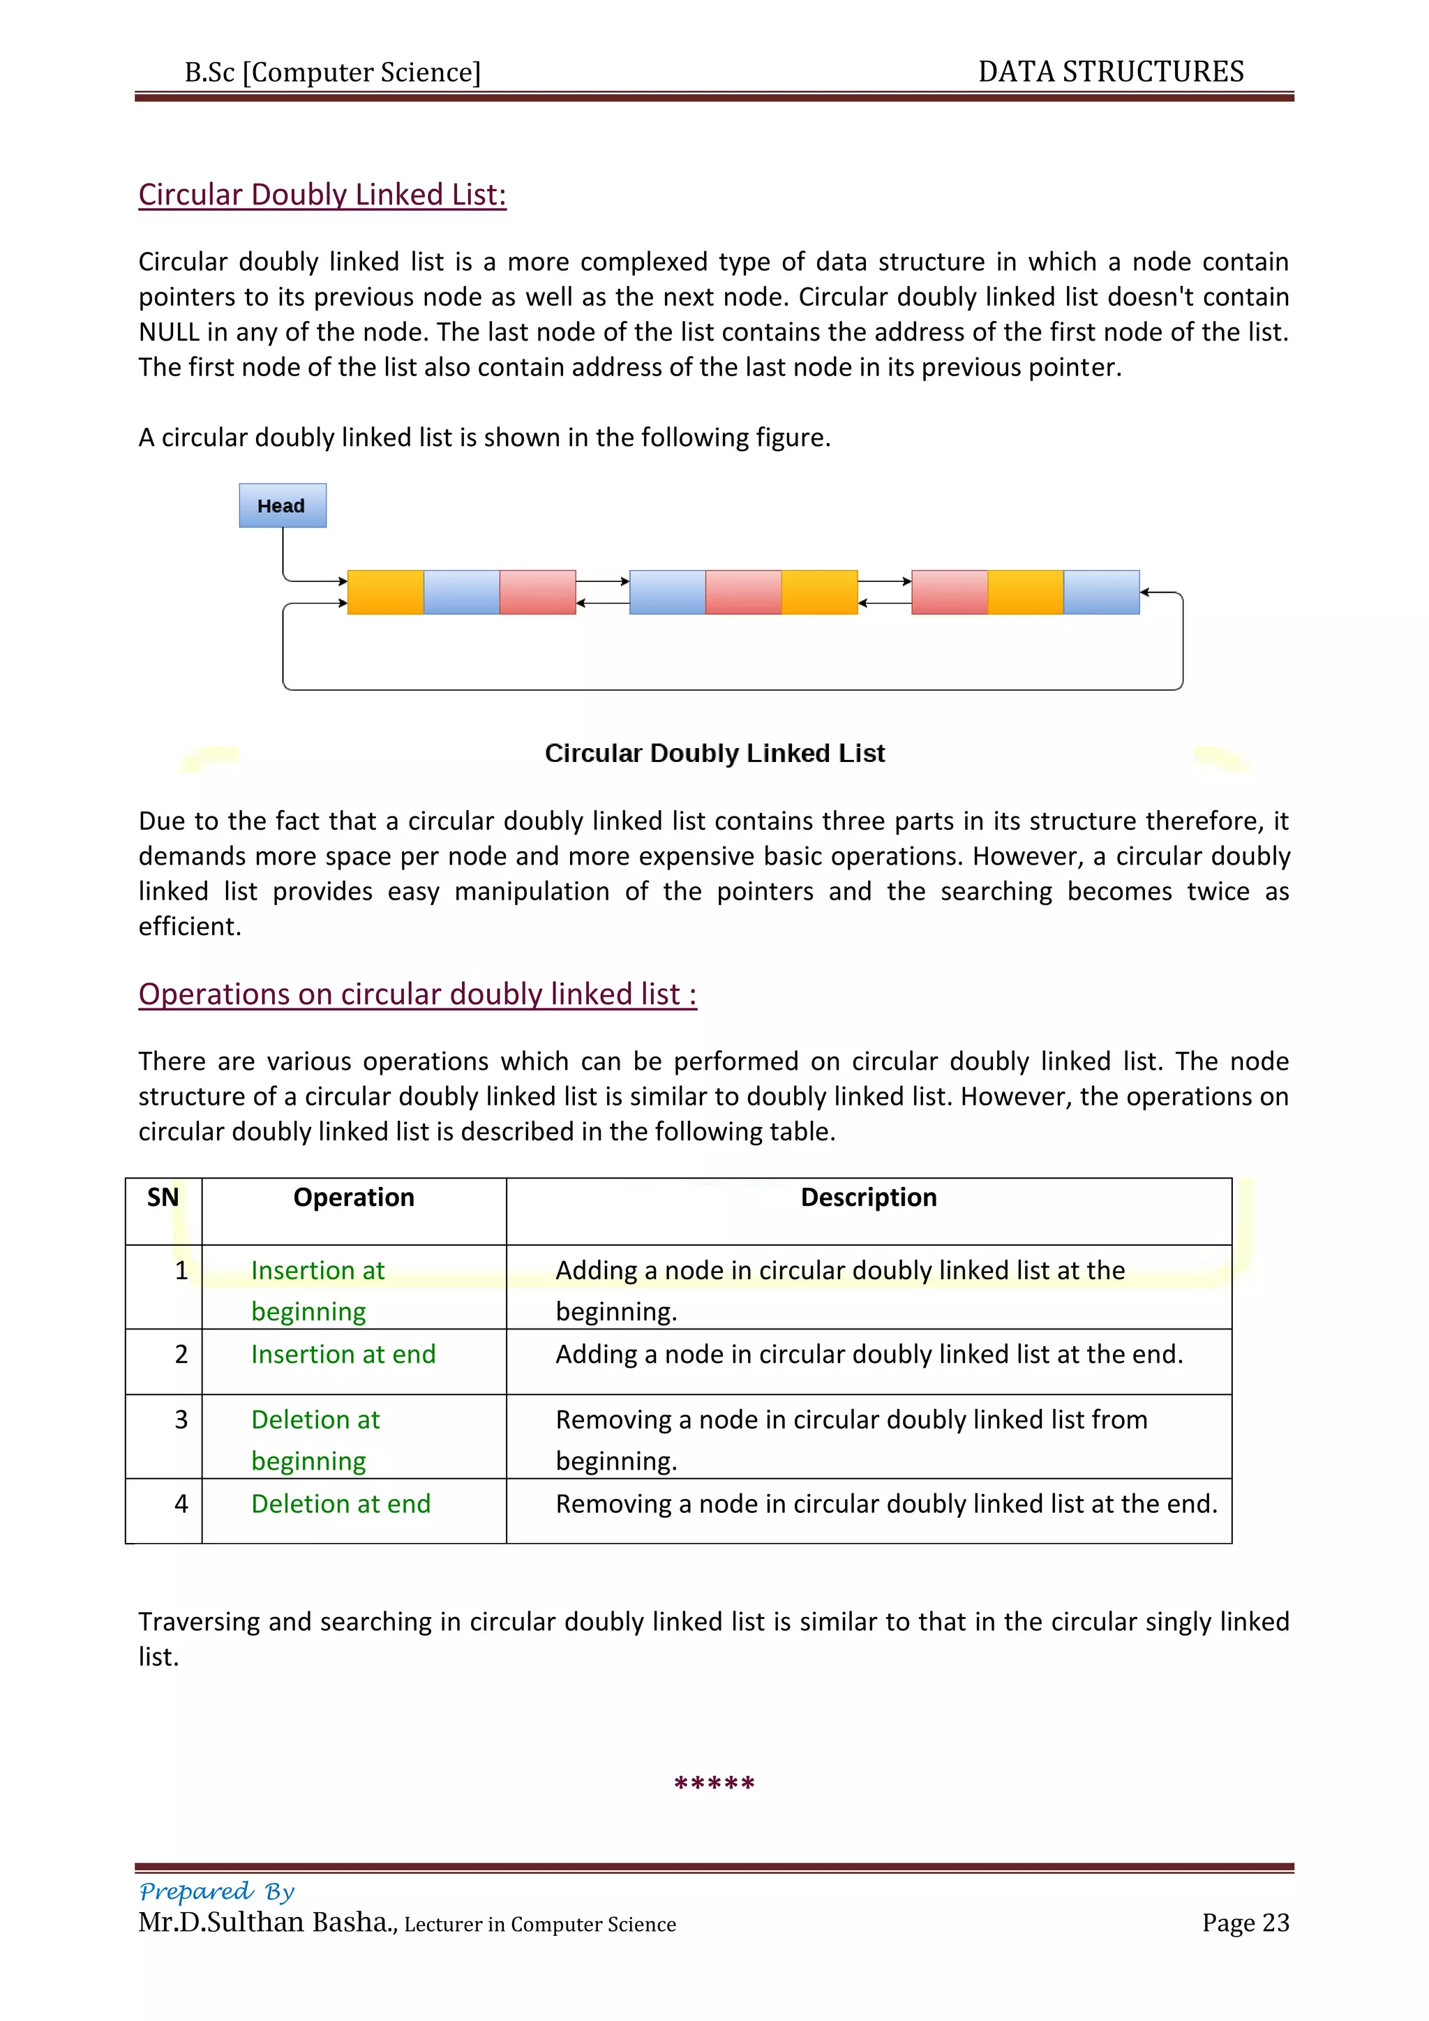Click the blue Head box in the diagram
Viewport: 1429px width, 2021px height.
click(283, 505)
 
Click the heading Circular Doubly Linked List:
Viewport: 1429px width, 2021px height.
click(322, 195)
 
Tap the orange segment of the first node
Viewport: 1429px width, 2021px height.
click(385, 592)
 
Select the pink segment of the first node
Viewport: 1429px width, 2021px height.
click(538, 592)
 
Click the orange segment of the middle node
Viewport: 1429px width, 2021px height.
click(819, 592)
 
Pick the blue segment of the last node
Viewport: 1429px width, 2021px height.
click(1101, 592)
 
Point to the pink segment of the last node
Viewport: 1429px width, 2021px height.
click(950, 592)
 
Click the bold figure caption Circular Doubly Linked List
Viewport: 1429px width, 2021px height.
click(714, 754)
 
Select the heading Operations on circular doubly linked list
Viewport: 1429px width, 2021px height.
click(417, 994)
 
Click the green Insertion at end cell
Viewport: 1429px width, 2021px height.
click(343, 1354)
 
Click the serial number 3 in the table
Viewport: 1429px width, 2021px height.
click(181, 1420)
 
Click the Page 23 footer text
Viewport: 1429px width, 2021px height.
click(1245, 1923)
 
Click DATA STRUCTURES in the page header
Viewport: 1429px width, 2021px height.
click(1110, 71)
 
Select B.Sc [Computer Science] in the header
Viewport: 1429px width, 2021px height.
click(333, 72)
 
